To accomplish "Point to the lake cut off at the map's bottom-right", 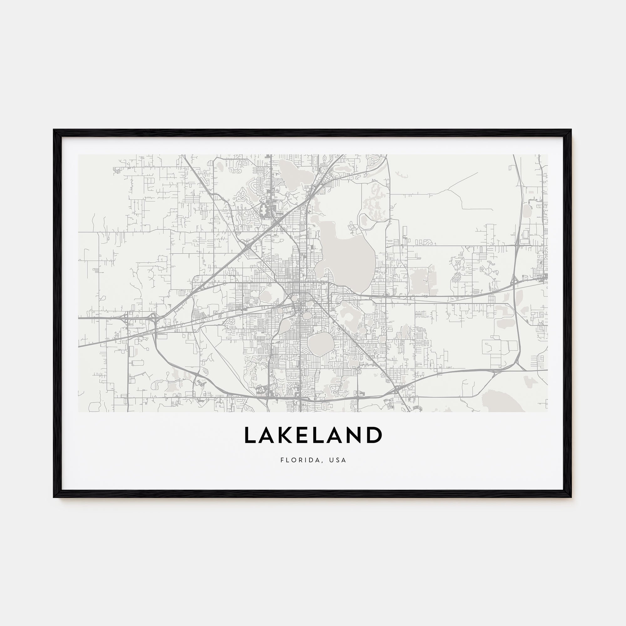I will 502,402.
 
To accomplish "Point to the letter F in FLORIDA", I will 282,460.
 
